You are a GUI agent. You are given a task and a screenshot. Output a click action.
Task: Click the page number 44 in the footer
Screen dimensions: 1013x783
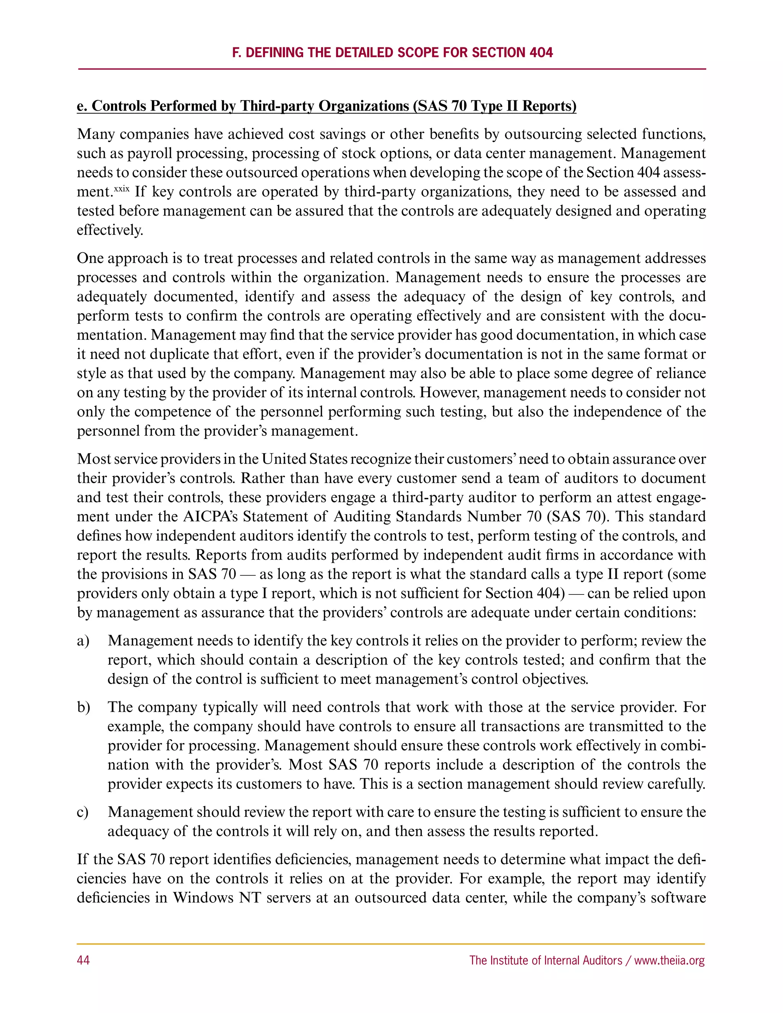pos(83,960)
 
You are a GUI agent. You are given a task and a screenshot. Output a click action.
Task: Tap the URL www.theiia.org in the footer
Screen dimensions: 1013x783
pos(669,960)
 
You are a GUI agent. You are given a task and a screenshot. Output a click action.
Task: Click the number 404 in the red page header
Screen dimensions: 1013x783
pos(541,52)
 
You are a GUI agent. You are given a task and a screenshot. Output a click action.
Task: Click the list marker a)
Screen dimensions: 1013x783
pos(83,641)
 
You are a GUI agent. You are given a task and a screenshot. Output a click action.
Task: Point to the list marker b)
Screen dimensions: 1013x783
pos(83,707)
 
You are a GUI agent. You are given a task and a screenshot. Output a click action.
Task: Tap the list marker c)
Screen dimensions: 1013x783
pos(82,812)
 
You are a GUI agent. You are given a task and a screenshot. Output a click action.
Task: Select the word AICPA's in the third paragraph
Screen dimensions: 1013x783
pos(211,517)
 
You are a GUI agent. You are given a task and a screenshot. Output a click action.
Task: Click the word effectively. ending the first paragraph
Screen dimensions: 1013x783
pos(110,230)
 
